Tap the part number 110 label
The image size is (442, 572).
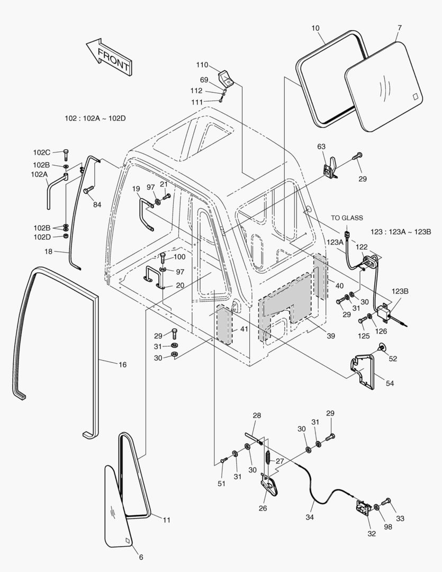(x=202, y=65)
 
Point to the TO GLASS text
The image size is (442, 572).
(x=347, y=218)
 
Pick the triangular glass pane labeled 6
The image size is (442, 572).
(x=119, y=508)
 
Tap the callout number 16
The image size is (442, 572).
(x=122, y=364)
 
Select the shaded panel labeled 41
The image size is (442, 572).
(x=224, y=324)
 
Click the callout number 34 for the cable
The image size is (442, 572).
(x=310, y=517)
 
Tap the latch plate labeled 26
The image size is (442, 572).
(x=270, y=486)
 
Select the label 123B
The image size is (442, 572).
(x=400, y=291)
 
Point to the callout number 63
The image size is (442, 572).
(x=321, y=146)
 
